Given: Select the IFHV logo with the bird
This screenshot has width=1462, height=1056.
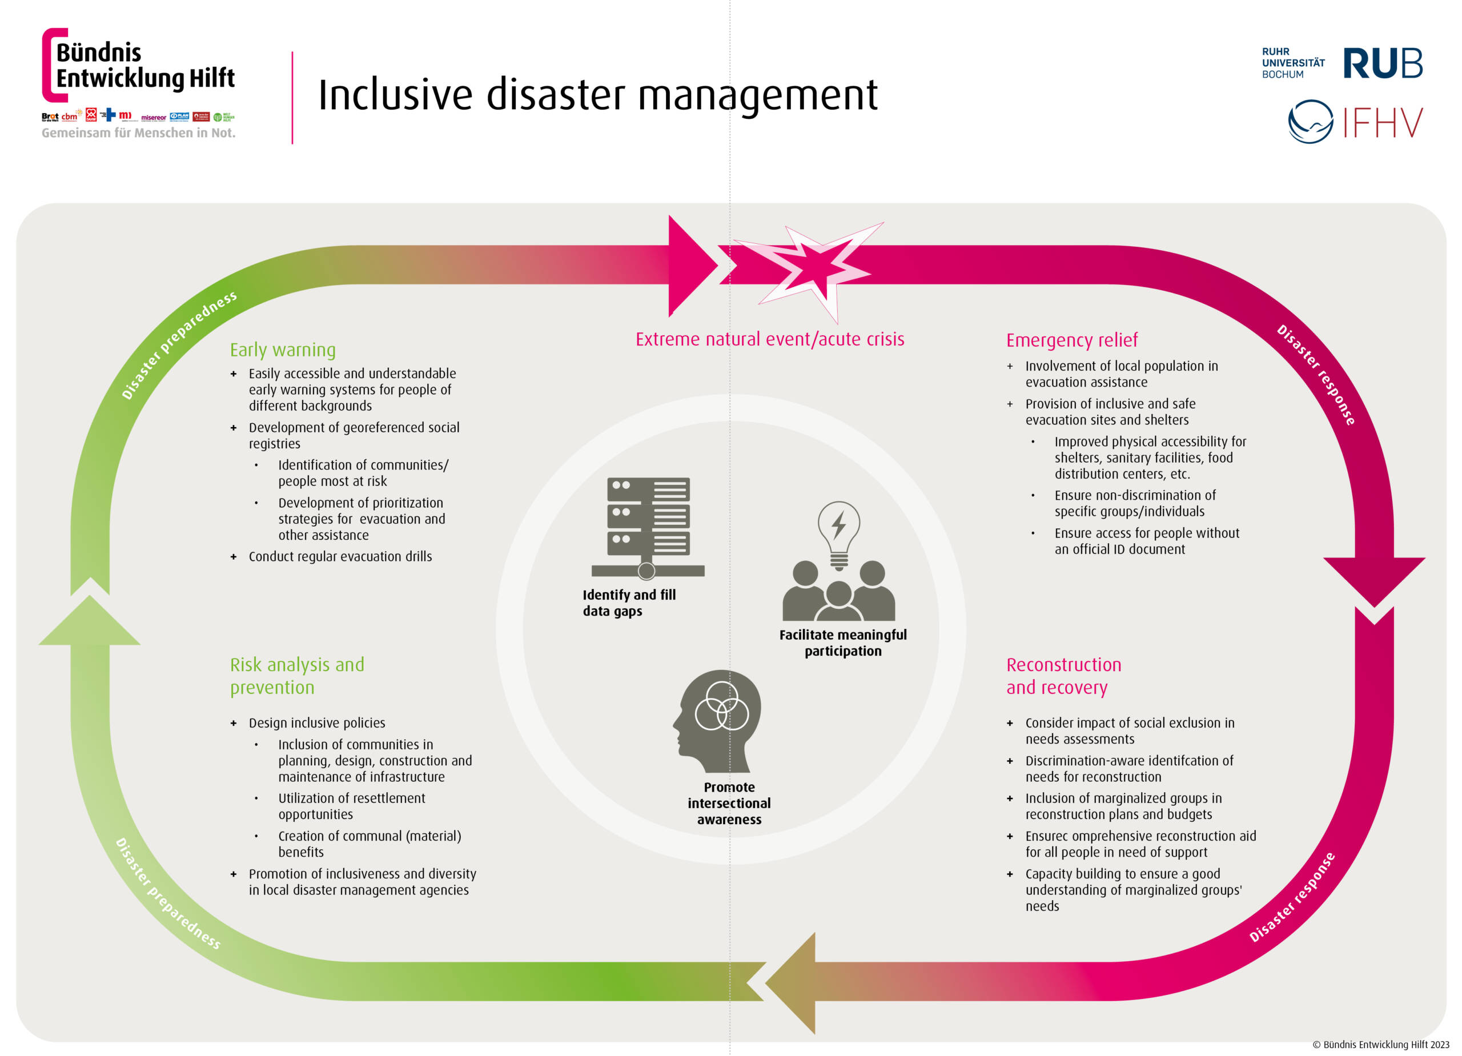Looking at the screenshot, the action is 1355,121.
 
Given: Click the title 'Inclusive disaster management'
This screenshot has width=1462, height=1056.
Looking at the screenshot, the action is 597,95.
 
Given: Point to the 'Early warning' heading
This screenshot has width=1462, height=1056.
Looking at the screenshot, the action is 283,350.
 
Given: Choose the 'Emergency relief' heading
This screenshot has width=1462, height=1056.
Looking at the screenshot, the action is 1072,340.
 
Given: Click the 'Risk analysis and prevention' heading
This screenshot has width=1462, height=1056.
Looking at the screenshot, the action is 297,676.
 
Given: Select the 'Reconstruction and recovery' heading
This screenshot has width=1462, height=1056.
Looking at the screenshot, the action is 1063,676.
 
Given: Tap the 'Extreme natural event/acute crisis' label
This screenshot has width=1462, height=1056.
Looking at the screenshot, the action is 770,339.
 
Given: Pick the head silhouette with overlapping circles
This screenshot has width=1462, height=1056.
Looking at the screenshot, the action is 717,721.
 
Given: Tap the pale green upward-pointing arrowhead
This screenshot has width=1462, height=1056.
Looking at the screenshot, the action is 90,619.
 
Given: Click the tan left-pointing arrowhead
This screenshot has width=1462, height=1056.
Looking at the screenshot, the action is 791,983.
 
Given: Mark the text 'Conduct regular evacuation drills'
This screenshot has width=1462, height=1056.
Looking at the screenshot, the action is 340,556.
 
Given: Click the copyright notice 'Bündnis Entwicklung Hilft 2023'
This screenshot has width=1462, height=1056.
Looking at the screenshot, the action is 1381,1045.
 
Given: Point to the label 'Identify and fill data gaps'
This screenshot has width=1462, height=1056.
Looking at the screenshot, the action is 629,603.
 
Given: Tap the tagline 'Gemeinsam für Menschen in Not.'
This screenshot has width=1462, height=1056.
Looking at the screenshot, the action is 139,133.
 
